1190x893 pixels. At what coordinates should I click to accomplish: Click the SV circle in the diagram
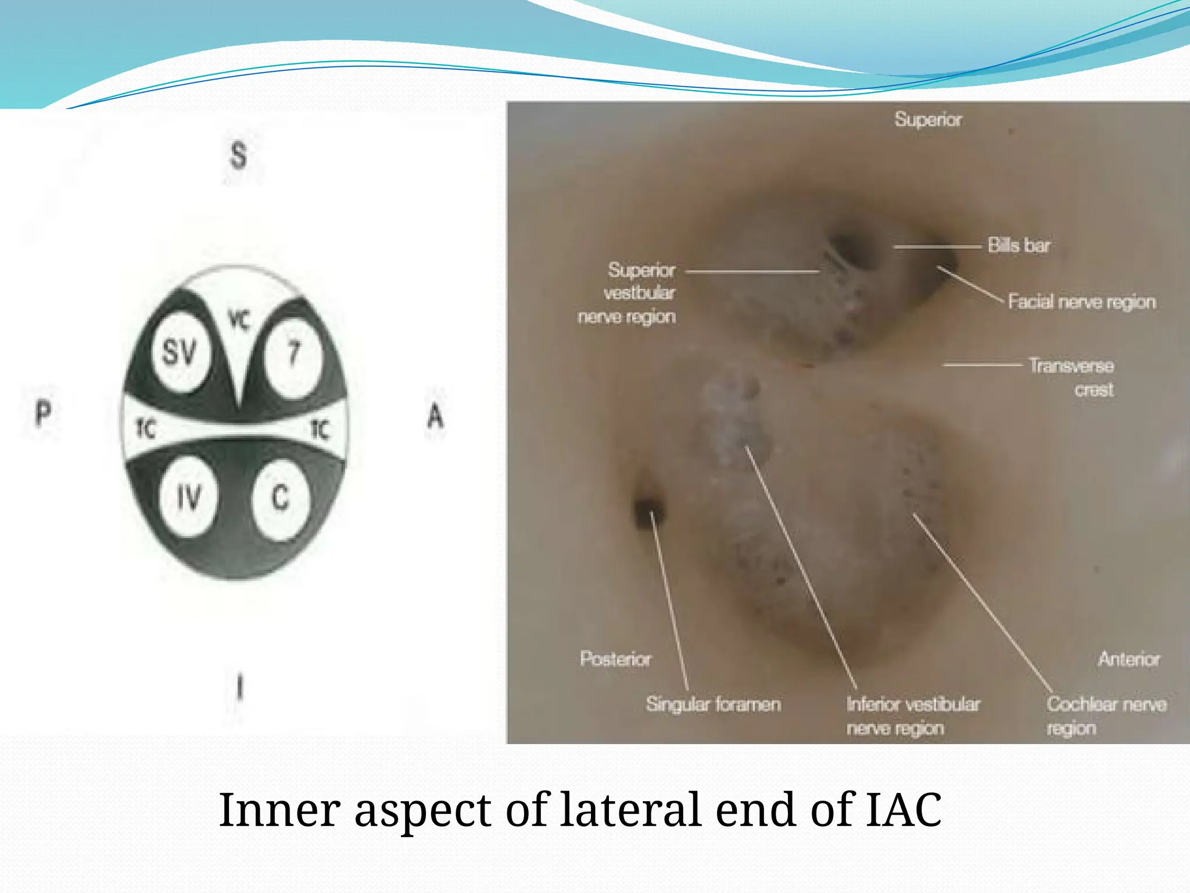pos(180,353)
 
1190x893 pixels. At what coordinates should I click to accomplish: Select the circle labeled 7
pos(293,353)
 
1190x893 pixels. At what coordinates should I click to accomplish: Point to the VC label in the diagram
pos(239,319)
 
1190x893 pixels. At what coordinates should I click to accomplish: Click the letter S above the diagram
pos(238,156)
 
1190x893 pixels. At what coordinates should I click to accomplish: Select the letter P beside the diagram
pos(43,414)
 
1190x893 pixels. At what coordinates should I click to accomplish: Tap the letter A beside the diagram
pos(435,416)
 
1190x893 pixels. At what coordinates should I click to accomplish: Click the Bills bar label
pos(1019,245)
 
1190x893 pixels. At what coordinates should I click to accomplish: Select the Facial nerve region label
pos(1081,302)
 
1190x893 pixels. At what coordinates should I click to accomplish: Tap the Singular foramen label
pos(713,704)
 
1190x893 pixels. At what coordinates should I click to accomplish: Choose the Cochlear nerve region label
pos(1106,716)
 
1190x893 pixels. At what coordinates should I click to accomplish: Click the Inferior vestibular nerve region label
pos(912,716)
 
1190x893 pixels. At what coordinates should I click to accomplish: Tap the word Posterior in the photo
pos(615,659)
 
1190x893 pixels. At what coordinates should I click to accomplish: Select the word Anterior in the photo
pos(1128,659)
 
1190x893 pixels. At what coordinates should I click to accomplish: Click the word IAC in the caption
pos(904,809)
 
